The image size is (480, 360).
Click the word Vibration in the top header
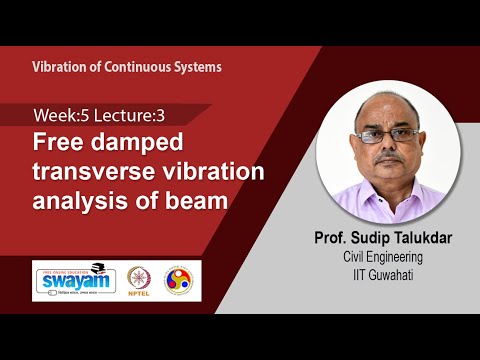click(60, 67)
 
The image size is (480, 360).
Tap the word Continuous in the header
click(139, 67)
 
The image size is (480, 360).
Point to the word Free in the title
click(58, 142)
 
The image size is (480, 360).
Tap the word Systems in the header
click(198, 67)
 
